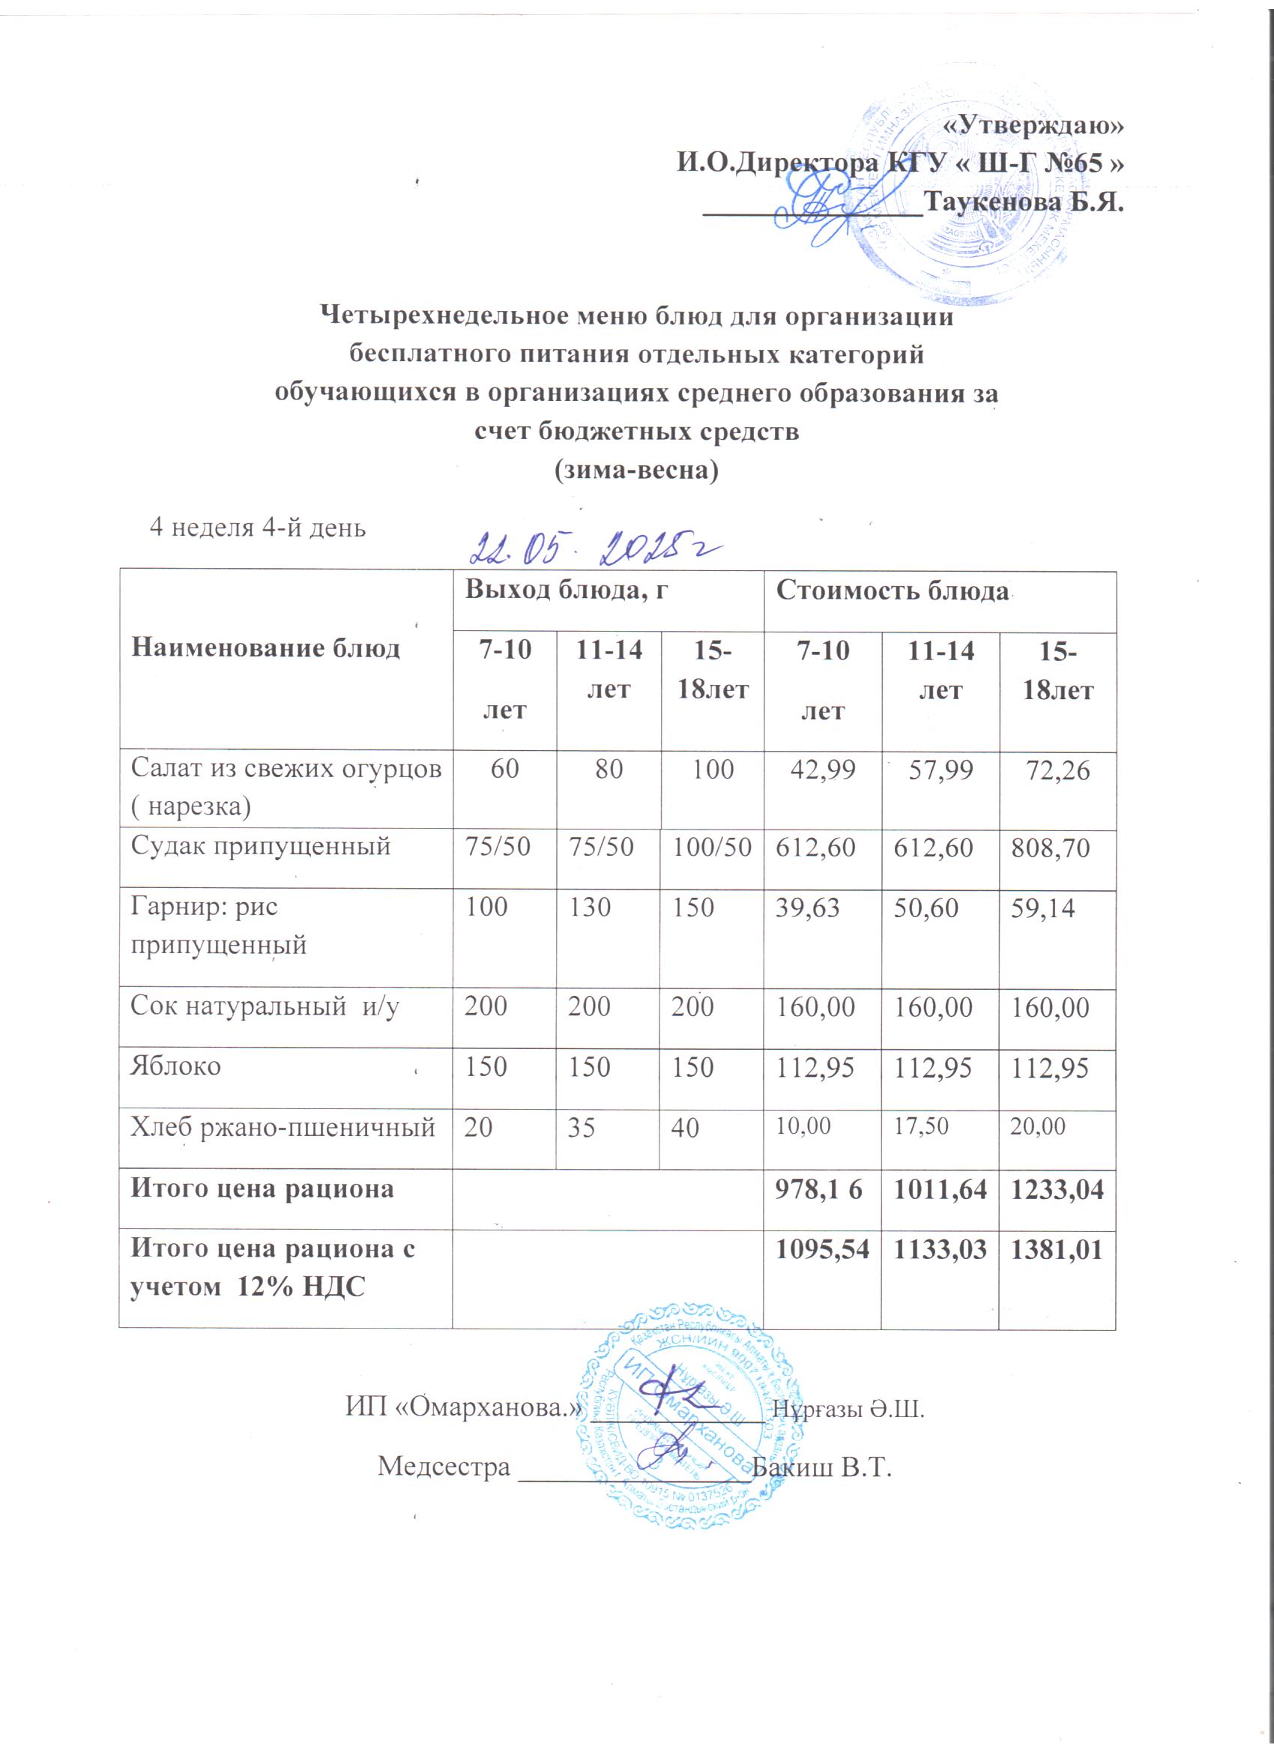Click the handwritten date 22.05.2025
click(599, 550)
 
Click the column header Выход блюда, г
click(566, 590)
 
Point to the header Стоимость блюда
click(893, 591)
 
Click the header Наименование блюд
click(265, 647)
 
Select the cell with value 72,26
click(1057, 770)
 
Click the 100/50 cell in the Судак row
click(711, 848)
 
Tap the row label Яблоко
click(175, 1066)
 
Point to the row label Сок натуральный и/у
click(265, 1006)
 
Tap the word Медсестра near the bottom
click(444, 1466)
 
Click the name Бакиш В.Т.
click(821, 1466)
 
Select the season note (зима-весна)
click(636, 470)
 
